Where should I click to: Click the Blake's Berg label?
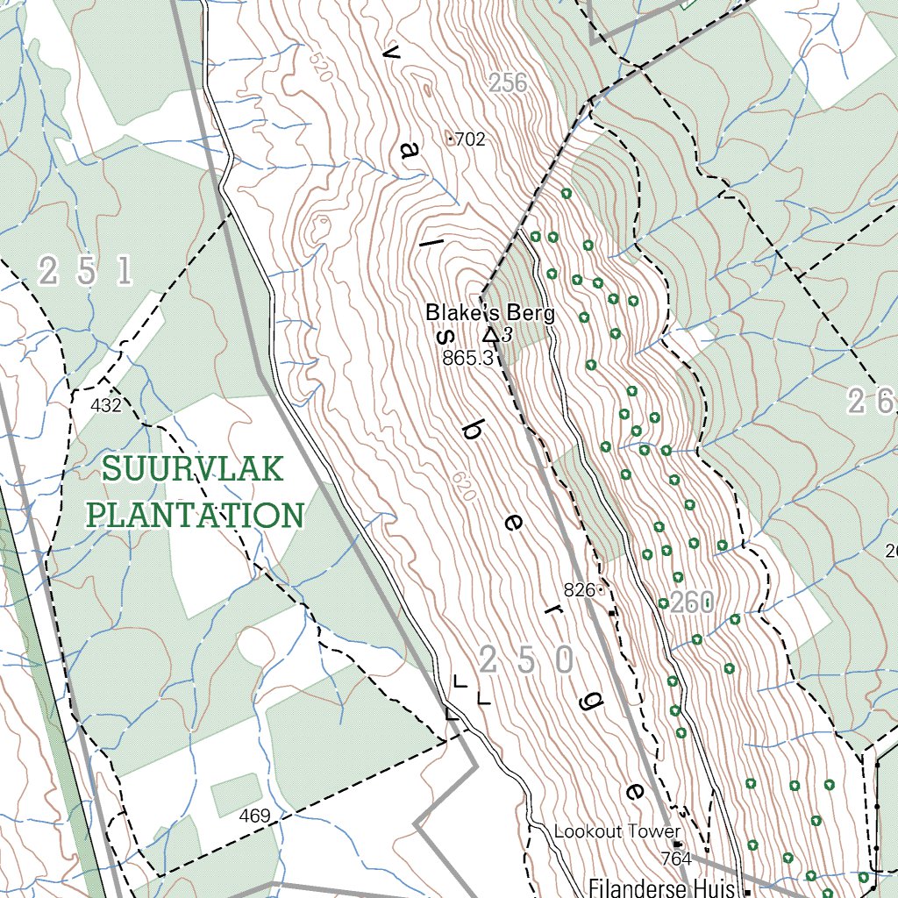(489, 313)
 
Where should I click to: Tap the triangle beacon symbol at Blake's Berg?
(491, 334)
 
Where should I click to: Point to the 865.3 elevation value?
(468, 358)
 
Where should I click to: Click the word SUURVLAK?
(193, 469)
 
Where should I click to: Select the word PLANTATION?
(196, 514)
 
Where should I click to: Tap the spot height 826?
(580, 590)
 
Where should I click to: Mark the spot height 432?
(105, 405)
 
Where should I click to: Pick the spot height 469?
(254, 816)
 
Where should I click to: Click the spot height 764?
(676, 858)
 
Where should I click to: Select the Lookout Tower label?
(616, 831)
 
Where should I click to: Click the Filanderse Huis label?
(660, 887)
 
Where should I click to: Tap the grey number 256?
(508, 83)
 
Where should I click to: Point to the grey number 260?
(692, 603)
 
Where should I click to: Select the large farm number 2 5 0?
(526, 660)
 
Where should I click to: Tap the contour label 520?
(320, 67)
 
